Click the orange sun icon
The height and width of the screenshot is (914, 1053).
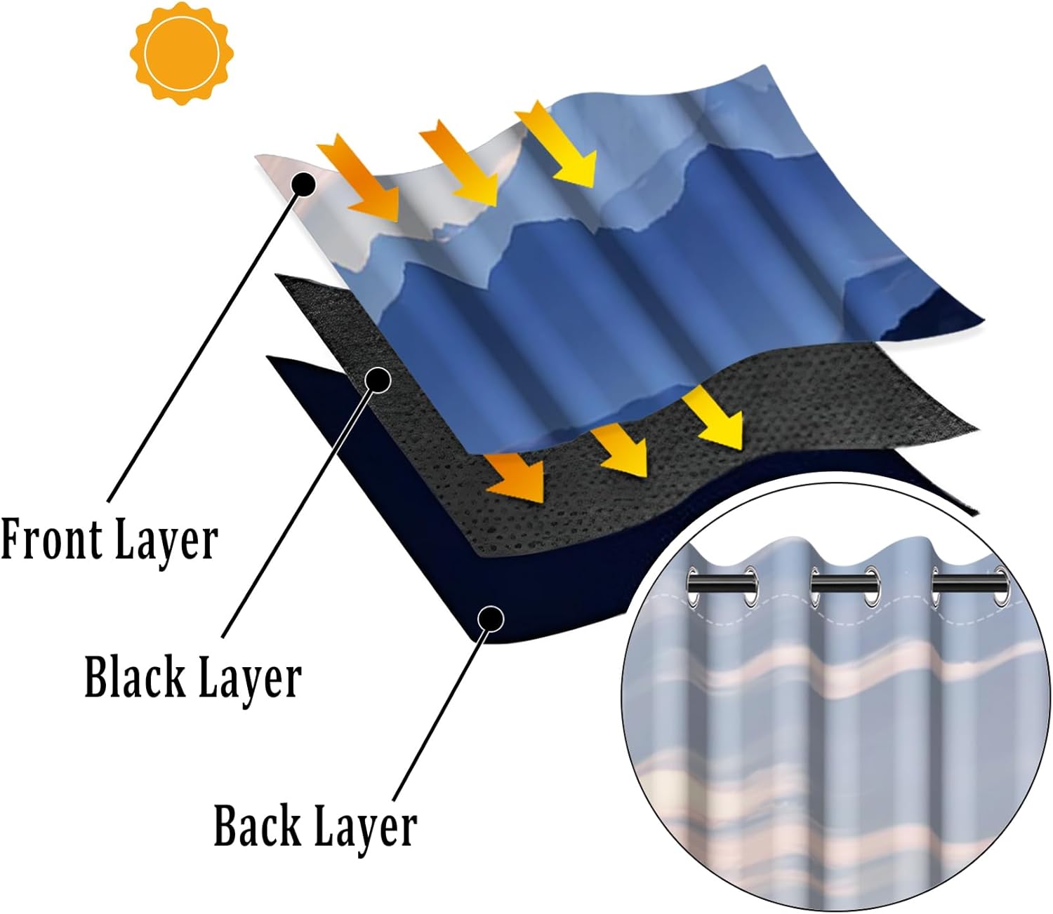181,53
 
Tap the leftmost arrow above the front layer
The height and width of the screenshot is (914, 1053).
359,178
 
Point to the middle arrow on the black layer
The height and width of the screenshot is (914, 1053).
620,449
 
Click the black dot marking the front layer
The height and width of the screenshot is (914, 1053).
303,184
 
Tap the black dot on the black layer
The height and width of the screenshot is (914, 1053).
378,379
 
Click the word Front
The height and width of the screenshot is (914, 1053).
50,539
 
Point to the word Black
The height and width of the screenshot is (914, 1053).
133,677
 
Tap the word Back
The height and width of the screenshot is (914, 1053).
257,826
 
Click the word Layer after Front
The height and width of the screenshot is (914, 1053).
166,541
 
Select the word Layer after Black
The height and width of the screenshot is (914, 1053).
249,678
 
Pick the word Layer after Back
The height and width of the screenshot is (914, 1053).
365,827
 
